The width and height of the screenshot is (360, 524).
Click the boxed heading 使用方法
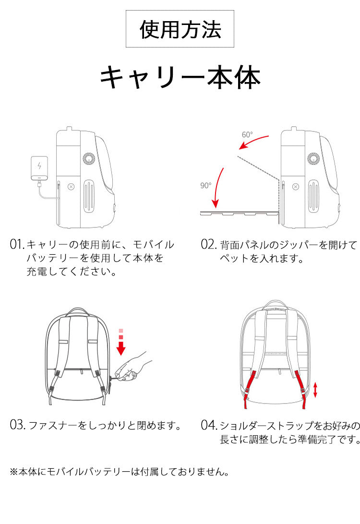point(180,29)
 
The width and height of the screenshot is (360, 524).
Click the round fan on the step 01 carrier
point(89,159)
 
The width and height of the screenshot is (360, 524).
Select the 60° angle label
point(247,135)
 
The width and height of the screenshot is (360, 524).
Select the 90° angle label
point(206,185)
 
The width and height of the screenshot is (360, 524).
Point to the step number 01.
point(17,245)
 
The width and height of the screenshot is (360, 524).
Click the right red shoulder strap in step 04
point(301,389)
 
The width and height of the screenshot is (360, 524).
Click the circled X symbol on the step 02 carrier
point(296,187)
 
